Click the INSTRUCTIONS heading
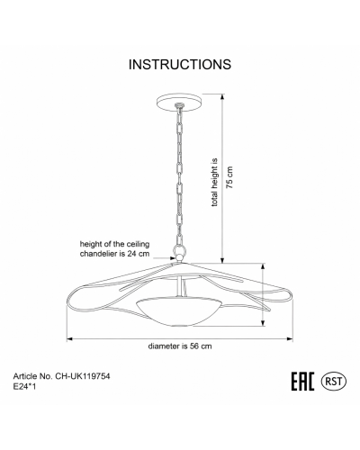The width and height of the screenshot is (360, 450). pos(180,64)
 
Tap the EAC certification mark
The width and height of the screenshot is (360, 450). pos(303,382)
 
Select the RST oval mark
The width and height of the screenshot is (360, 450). pos(334,382)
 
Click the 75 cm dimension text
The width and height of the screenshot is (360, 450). pos(229,177)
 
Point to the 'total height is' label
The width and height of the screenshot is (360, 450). pos(214,183)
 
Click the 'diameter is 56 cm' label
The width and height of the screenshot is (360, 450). pos(180,346)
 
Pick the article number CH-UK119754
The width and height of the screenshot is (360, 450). pos(83,376)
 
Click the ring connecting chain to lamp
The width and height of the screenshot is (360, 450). pos(180,249)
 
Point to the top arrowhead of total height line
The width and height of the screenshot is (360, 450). pos(222,97)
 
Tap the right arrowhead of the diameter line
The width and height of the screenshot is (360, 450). pos(290,339)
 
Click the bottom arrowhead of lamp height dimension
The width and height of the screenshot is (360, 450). pos(263,323)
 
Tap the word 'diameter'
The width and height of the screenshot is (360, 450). pos(163,346)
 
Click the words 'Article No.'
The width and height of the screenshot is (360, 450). pos(33,376)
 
